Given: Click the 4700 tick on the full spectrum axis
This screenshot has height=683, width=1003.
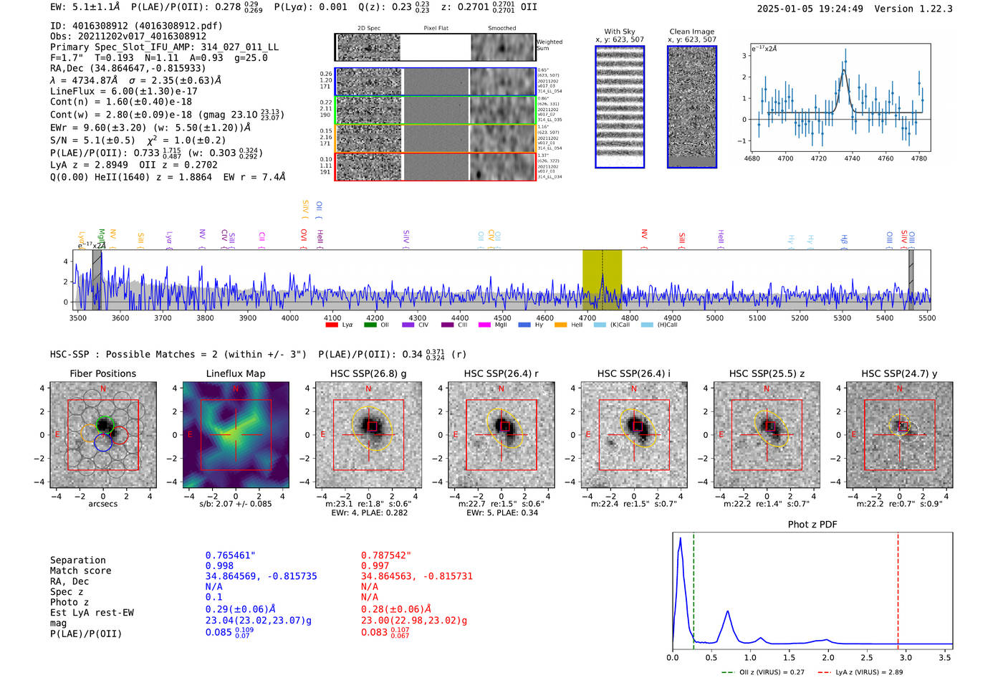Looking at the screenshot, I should click(x=587, y=317).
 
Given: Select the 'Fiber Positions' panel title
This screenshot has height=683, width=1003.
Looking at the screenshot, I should click(x=102, y=373).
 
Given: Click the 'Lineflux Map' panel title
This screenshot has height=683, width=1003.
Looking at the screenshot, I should click(x=235, y=373).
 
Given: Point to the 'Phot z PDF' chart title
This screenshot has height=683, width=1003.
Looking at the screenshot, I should click(x=812, y=524).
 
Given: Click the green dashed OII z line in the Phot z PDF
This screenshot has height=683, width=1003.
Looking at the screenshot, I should click(x=694, y=588).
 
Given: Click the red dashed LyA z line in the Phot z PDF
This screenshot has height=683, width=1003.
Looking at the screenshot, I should click(x=898, y=588).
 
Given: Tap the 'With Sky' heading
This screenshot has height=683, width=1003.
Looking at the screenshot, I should click(x=620, y=32).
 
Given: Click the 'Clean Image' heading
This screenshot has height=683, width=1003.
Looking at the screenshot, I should click(x=691, y=32).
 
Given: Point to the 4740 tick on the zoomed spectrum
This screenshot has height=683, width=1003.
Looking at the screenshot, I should click(x=852, y=158).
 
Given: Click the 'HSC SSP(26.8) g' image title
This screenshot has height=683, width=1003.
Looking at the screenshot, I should click(x=368, y=373).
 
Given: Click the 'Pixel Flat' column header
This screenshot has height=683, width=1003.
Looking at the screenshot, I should click(x=436, y=28).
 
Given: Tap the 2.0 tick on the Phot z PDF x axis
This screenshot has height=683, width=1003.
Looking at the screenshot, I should click(x=827, y=657).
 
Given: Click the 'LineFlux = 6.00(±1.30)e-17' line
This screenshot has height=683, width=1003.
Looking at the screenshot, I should click(x=123, y=91).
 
